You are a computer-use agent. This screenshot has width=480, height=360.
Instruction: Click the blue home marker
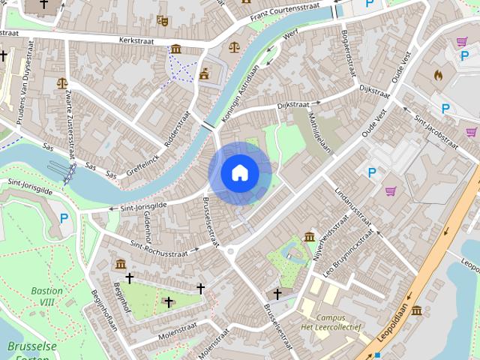pos(239,172)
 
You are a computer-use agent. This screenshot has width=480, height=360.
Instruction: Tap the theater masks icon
pos(163,20)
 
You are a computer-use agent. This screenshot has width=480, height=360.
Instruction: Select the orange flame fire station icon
pos(438,75)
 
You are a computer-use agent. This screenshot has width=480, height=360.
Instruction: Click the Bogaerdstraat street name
pos(346,52)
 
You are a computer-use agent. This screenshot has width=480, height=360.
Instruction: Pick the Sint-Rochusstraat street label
pos(158,249)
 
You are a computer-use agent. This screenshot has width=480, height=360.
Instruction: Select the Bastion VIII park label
pos(47,295)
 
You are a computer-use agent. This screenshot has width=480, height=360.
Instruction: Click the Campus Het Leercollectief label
pos(331,323)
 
